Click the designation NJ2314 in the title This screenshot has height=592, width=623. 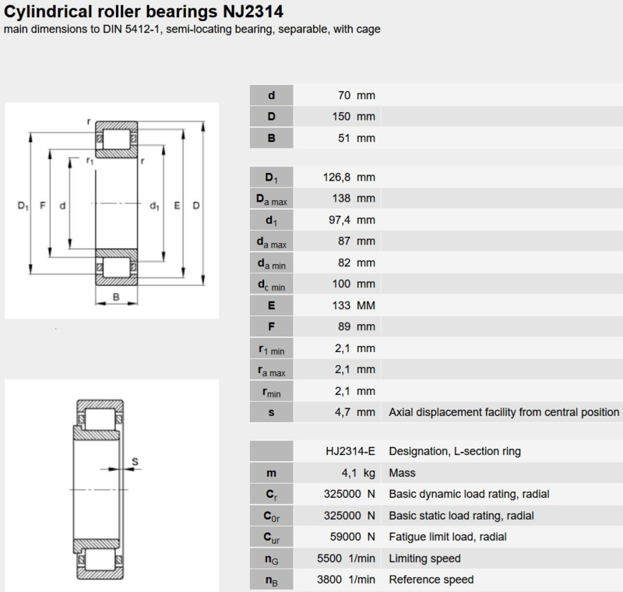(253, 11)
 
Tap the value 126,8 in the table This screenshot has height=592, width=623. (336, 177)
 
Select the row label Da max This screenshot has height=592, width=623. (272, 199)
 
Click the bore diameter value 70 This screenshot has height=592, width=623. (344, 95)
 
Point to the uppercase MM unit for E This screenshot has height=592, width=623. (365, 305)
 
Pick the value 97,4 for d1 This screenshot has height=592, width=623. (340, 220)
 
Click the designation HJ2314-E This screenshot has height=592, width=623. (350, 451)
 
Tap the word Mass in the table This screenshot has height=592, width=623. (402, 473)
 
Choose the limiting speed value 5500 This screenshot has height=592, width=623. (329, 559)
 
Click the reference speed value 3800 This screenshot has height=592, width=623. (329, 580)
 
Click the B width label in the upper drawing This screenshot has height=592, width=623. (116, 297)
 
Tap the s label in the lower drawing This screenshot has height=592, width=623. (135, 461)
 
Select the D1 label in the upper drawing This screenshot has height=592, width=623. (23, 206)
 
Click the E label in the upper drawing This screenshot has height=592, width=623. (178, 206)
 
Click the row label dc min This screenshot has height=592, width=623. (271, 285)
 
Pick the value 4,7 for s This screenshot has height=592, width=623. (343, 412)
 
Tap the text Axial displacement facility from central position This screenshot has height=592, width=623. (504, 412)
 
